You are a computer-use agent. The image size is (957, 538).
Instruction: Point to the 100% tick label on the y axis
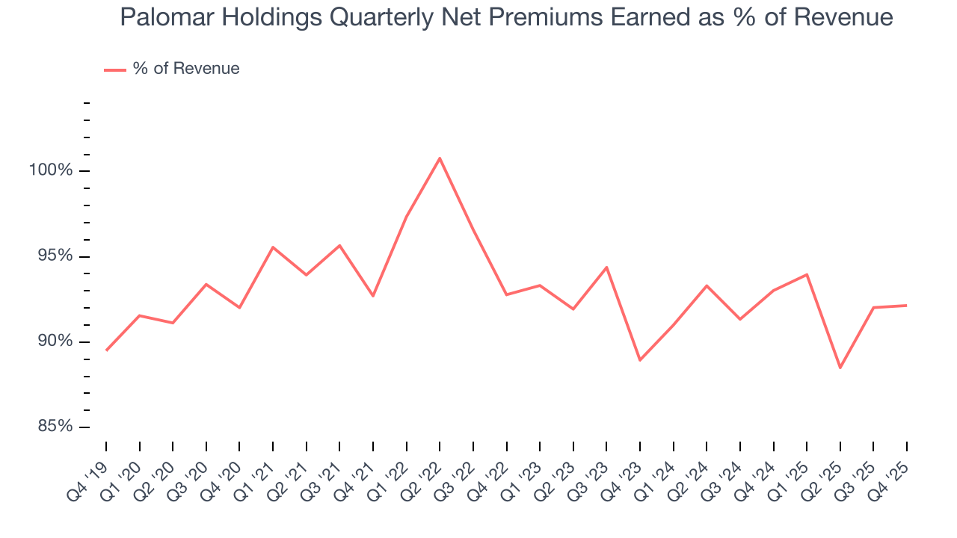[51, 170]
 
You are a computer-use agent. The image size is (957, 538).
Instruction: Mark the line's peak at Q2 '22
[440, 158]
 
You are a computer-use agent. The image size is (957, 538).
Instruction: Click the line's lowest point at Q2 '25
[840, 368]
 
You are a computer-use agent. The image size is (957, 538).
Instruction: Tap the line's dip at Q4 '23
[640, 360]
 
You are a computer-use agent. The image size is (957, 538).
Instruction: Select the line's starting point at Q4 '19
[106, 350]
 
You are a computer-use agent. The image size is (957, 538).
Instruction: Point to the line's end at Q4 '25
[907, 306]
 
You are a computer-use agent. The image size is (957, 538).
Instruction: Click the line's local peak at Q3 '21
[339, 245]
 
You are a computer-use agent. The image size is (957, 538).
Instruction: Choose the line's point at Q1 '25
[807, 274]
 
